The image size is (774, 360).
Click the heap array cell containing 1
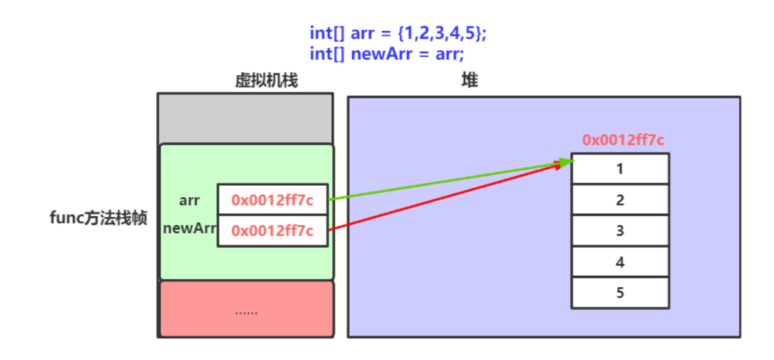(x=620, y=169)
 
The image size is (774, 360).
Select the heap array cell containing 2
(x=620, y=200)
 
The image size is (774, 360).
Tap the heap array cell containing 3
(x=620, y=231)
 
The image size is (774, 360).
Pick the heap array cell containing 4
(x=620, y=262)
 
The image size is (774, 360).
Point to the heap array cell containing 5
(x=620, y=293)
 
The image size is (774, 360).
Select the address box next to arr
(x=272, y=200)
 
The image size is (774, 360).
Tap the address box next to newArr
(x=272, y=231)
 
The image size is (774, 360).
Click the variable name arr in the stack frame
(x=190, y=200)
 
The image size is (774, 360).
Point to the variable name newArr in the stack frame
(x=190, y=229)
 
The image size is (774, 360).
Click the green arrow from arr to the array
(x=447, y=181)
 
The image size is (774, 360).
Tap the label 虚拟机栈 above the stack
(x=266, y=81)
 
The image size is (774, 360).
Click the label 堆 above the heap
(x=470, y=81)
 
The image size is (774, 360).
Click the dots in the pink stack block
(x=246, y=311)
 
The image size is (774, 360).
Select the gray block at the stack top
(x=246, y=118)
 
